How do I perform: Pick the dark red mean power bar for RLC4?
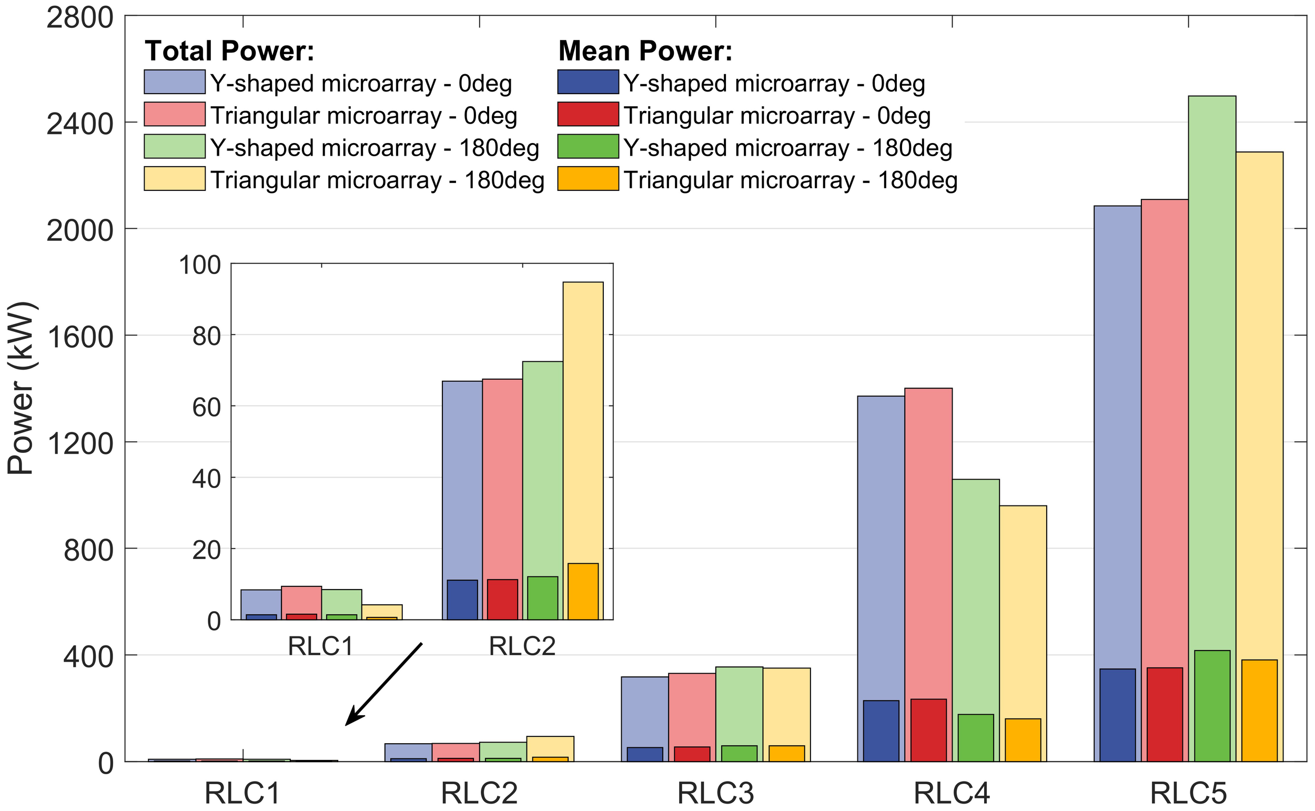(x=928, y=729)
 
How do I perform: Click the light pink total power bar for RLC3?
(x=692, y=708)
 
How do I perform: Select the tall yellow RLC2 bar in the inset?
(x=582, y=418)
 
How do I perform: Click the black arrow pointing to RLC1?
(x=384, y=683)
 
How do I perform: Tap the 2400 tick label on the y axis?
(x=80, y=125)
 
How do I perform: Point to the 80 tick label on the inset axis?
(x=207, y=336)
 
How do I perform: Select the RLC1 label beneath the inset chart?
(x=321, y=646)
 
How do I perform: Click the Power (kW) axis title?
(x=22, y=389)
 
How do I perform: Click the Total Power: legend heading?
(x=229, y=52)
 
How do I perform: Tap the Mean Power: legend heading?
(x=645, y=52)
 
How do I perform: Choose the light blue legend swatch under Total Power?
(x=174, y=82)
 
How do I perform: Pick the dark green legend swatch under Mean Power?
(x=588, y=146)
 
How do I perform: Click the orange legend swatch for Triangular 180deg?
(x=588, y=179)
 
